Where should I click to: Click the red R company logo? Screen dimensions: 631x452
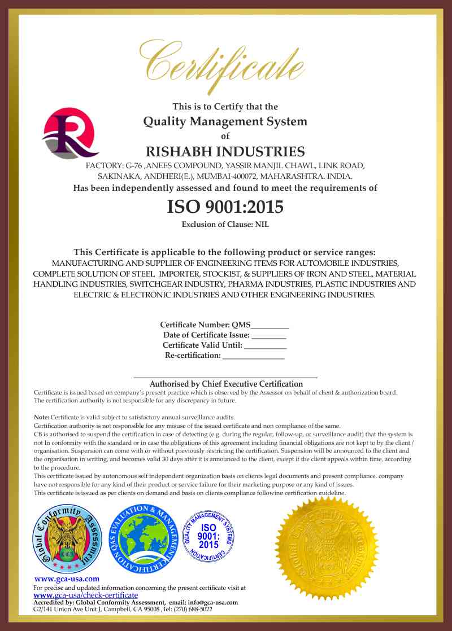(70, 134)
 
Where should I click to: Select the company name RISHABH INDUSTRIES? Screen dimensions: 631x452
(225, 152)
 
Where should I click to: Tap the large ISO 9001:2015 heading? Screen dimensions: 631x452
(225, 207)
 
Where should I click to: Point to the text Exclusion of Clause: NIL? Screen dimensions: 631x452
(225, 225)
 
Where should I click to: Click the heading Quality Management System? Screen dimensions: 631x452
(225, 121)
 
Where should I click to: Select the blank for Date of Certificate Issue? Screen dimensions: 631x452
(268, 335)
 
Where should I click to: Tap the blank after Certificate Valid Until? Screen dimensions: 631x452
(266, 345)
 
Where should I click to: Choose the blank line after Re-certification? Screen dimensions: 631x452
(253, 356)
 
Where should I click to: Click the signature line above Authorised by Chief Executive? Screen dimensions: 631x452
(225, 376)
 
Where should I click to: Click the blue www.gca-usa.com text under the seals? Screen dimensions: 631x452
(67, 579)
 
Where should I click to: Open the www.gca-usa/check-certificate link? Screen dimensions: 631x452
(86, 595)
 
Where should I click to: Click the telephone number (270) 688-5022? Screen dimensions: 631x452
(192, 610)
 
